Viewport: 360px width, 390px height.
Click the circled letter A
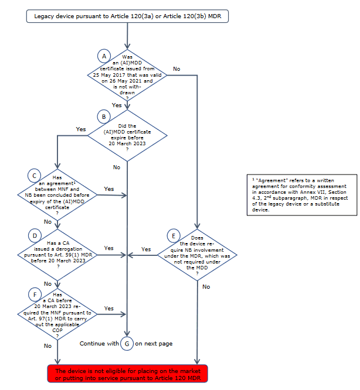coord(104,56)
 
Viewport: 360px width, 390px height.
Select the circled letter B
coord(104,117)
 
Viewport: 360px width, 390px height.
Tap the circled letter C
coord(35,175)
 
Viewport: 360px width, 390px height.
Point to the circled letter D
coord(35,235)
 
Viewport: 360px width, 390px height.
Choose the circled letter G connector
coord(127,344)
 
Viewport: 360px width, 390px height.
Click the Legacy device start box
coord(127,16)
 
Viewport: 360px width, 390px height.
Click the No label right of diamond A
coord(176,69)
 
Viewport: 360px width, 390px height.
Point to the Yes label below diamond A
coord(117,105)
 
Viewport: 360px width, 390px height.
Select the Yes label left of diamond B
coord(81,129)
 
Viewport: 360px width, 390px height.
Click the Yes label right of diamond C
coord(109,189)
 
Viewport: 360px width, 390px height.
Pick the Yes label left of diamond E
coord(146,249)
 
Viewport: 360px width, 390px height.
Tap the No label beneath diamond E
coord(206,287)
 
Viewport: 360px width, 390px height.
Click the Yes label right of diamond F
coord(109,308)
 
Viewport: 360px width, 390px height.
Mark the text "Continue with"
coord(99,344)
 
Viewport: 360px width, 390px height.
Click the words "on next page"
coord(154,344)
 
